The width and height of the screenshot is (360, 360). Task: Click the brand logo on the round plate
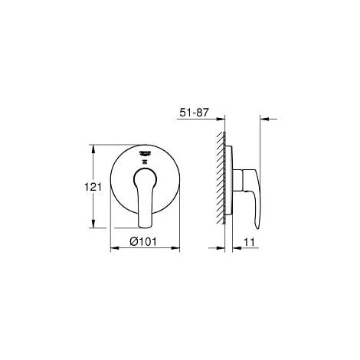146,155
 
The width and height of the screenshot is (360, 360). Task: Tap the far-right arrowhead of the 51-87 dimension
263,119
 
